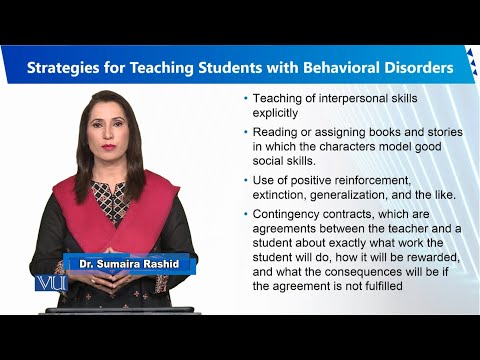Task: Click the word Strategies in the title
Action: (68, 69)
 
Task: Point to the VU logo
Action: (48, 283)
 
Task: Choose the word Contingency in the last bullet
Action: (292, 212)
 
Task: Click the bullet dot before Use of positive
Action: (246, 180)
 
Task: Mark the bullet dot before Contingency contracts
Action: (246, 212)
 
